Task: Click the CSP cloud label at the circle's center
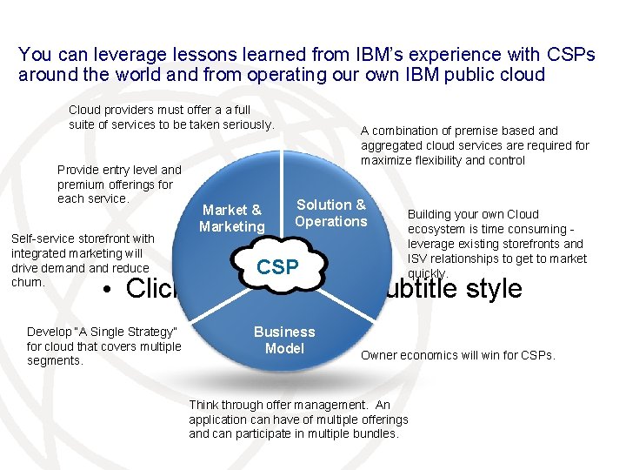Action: [x=277, y=267]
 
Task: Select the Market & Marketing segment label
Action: [x=231, y=218]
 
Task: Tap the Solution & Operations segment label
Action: [x=330, y=213]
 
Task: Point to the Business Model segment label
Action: [x=284, y=340]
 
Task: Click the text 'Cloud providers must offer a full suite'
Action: [x=171, y=117]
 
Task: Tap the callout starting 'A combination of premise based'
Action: [x=475, y=145]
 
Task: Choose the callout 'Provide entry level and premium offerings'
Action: [x=118, y=185]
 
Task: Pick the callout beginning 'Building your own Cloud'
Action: [x=496, y=243]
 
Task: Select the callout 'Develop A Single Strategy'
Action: [x=103, y=346]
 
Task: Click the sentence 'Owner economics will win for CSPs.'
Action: [x=457, y=354]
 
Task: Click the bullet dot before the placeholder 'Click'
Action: [x=104, y=290]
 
